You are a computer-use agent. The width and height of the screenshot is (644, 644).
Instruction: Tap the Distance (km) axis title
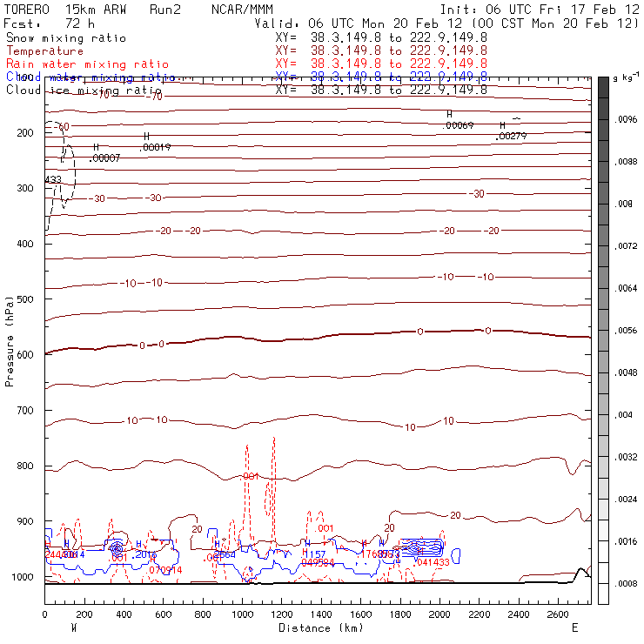coord(317,627)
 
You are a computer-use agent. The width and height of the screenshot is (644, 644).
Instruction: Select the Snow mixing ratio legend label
coord(65,38)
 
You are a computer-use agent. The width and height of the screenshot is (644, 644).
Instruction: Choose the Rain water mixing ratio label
coord(87,64)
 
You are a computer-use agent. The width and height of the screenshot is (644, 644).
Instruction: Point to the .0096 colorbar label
coord(627,120)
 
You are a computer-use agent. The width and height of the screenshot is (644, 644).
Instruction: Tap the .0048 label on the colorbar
coord(627,372)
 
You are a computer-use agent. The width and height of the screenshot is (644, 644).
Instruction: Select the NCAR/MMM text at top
coord(242,9)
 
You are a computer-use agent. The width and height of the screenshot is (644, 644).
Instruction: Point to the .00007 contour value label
coord(104,158)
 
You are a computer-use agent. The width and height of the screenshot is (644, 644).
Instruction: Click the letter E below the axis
coord(574,627)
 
